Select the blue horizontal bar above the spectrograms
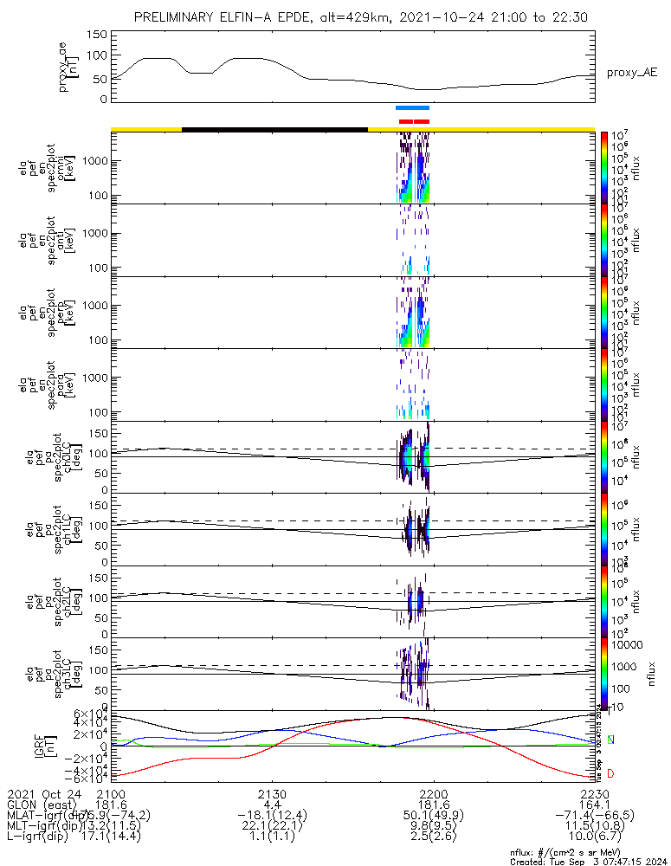[x=412, y=108]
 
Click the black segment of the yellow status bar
[x=274, y=129]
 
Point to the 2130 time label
[x=272, y=795]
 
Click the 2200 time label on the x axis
[x=433, y=795]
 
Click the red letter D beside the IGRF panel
[x=611, y=773]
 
